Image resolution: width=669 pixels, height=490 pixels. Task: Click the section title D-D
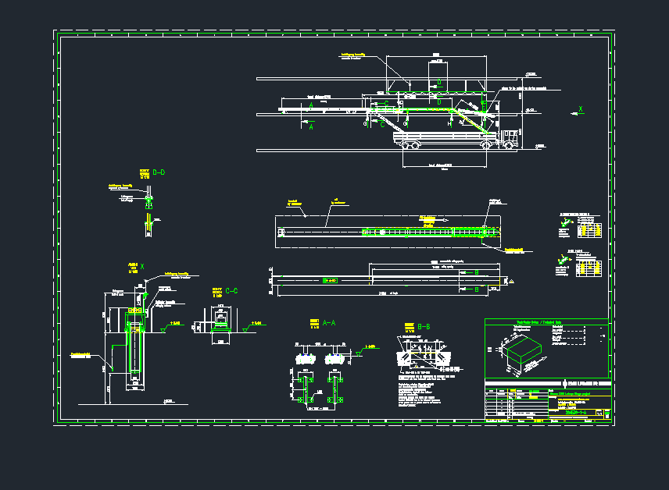159,172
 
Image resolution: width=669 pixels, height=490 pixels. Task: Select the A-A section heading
329,321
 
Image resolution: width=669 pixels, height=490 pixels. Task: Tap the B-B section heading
425,325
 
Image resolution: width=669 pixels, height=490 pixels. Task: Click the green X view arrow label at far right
580,109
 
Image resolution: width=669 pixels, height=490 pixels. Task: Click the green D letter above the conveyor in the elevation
438,82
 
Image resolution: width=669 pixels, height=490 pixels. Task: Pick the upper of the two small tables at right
589,229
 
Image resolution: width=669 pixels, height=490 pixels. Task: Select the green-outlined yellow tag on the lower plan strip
331,279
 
